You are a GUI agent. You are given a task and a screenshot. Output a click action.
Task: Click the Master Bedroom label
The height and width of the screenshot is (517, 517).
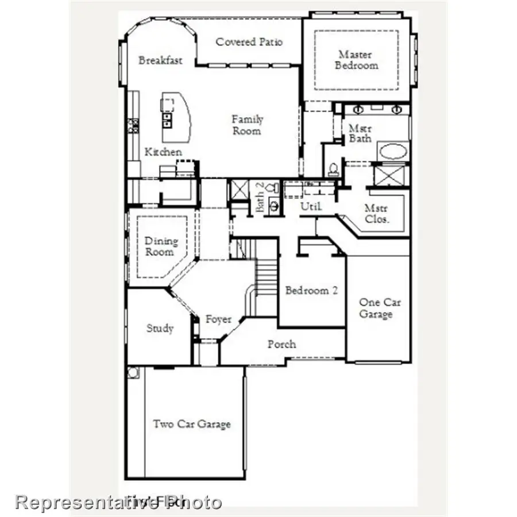click(x=357, y=60)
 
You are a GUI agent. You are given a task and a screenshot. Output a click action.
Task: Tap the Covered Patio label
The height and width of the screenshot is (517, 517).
click(x=249, y=42)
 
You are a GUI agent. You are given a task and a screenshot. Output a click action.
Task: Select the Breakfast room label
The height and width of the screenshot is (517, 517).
click(x=160, y=60)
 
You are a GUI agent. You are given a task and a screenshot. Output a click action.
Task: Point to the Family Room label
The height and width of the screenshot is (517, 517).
click(x=247, y=125)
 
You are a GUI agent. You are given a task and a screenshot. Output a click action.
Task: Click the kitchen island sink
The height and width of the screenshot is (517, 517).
click(x=167, y=119)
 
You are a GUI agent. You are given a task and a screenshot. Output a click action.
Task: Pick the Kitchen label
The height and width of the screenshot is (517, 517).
click(x=163, y=152)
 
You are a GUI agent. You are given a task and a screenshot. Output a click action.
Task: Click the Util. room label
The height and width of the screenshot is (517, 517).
click(x=311, y=206)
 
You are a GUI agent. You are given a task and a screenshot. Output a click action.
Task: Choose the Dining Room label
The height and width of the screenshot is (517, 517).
click(x=161, y=246)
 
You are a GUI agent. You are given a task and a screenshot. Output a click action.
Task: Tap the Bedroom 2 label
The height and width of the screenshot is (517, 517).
click(x=311, y=291)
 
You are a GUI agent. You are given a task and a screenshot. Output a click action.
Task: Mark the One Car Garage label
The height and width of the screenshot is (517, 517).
click(x=380, y=308)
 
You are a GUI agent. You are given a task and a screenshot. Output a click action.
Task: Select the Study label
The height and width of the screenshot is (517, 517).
click(x=160, y=329)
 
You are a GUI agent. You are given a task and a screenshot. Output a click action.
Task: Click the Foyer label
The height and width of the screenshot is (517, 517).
click(x=218, y=319)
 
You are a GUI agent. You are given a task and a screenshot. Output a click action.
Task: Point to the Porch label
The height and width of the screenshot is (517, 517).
click(x=281, y=344)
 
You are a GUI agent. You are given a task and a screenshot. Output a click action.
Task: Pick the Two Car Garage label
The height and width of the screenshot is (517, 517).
click(x=191, y=424)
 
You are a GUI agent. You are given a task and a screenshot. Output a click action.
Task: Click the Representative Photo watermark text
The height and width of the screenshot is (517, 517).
click(x=118, y=501)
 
